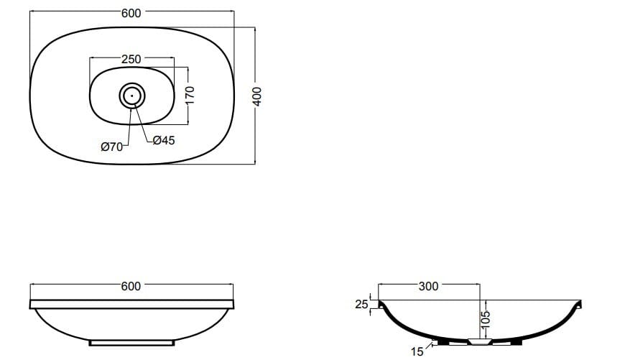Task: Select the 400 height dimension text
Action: click(x=259, y=96)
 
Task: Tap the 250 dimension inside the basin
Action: click(x=131, y=59)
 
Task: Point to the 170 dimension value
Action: click(x=190, y=95)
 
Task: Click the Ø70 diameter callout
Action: click(x=112, y=147)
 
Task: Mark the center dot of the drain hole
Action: click(x=132, y=95)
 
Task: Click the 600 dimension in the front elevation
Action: click(x=131, y=286)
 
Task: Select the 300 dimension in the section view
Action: click(x=427, y=287)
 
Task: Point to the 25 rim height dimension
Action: click(x=361, y=305)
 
